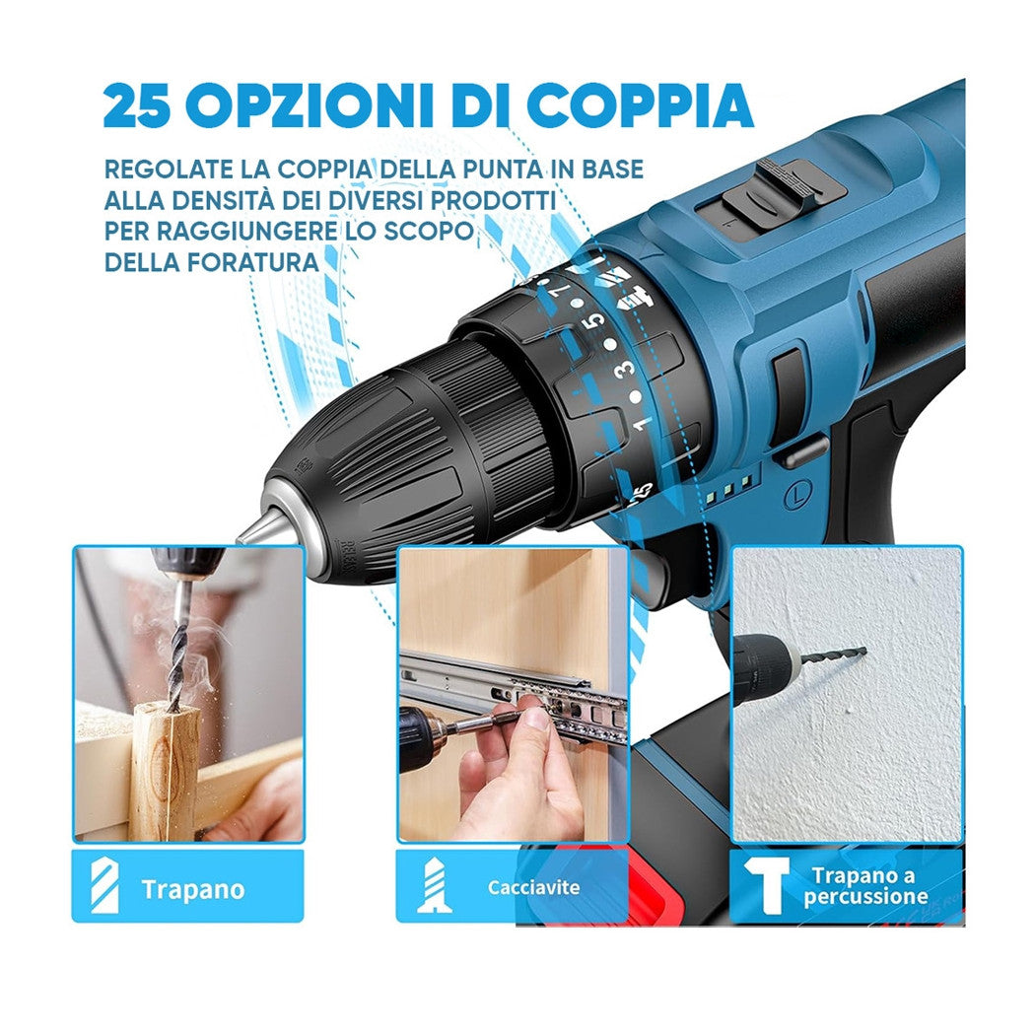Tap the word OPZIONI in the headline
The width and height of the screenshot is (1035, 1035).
pyautogui.click(x=317, y=106)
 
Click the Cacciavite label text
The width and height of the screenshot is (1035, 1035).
pyautogui.click(x=534, y=888)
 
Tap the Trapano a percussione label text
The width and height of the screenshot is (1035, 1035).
pyautogui.click(x=863, y=886)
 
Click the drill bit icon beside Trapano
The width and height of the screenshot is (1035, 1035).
pyautogui.click(x=105, y=885)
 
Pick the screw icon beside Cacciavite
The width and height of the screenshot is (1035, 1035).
pyautogui.click(x=435, y=885)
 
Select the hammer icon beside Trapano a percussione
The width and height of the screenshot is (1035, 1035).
pyautogui.click(x=765, y=885)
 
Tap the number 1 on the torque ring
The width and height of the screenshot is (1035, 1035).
pyautogui.click(x=643, y=424)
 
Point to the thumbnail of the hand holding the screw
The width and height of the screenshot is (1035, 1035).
pyautogui.click(x=512, y=694)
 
